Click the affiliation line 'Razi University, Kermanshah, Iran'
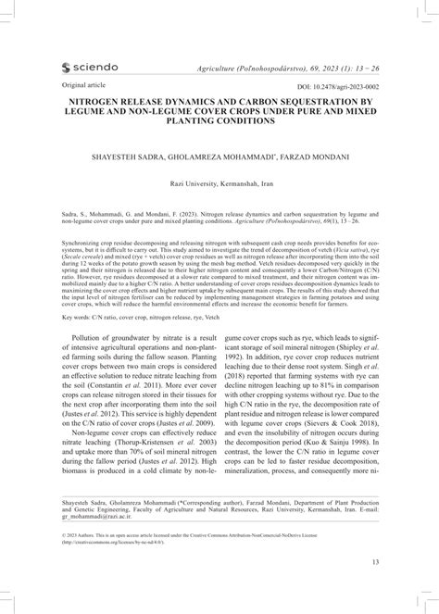pos(219,182)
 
